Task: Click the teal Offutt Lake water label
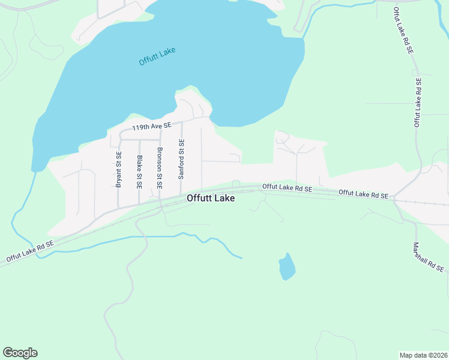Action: point(157,56)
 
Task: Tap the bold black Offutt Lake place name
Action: point(211,197)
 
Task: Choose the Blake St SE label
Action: point(139,172)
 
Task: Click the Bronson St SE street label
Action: point(160,169)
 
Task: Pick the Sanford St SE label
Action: point(181,160)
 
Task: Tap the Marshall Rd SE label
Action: point(430,257)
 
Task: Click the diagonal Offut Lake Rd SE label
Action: point(30,251)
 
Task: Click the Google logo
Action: point(20,353)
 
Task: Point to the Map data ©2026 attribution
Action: point(423,355)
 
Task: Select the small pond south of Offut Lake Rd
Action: point(287,266)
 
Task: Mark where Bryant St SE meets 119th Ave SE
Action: point(119,139)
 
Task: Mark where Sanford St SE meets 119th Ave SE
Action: point(181,122)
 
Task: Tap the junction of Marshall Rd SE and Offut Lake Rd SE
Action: point(394,199)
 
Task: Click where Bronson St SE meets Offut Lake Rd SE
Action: point(160,200)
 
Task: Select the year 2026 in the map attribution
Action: point(438,355)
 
